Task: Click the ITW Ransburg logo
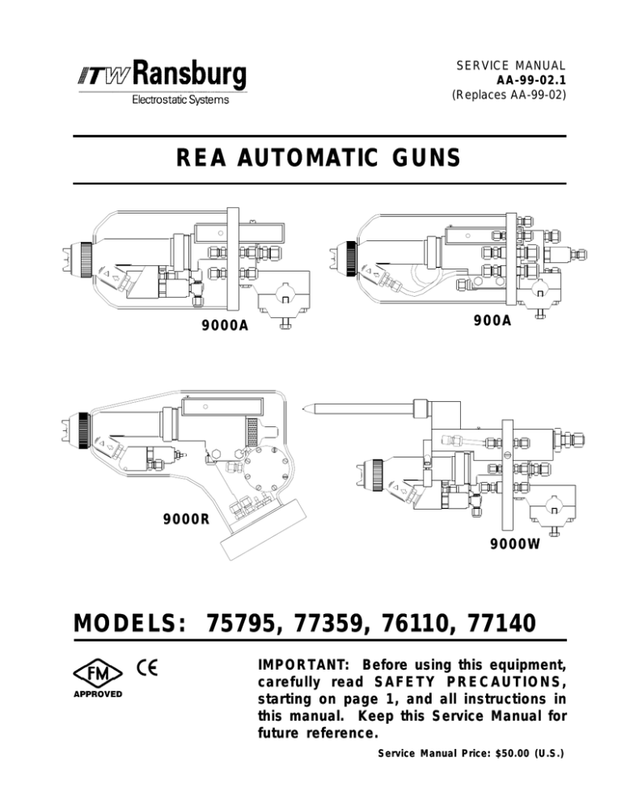(162, 76)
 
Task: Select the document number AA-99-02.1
(530, 81)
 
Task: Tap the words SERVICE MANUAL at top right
(511, 66)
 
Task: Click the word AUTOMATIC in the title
(307, 158)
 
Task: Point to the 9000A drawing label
(225, 326)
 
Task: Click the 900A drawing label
(492, 320)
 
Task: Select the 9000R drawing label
(187, 519)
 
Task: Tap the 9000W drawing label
(515, 544)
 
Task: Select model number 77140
(502, 624)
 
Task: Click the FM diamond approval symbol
(97, 674)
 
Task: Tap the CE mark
(147, 667)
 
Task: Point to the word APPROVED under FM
(97, 694)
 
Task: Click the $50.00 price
(513, 753)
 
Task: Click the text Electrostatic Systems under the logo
(180, 99)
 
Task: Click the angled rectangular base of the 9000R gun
(264, 529)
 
